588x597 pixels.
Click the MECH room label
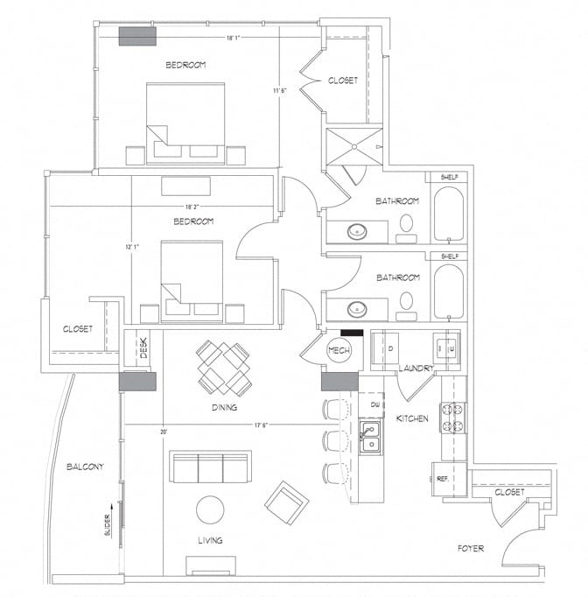click(339, 350)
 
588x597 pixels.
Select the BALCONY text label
click(85, 467)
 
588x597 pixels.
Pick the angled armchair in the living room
click(287, 502)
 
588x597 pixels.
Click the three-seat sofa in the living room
click(211, 468)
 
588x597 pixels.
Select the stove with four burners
click(454, 417)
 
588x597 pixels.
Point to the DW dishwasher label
click(374, 404)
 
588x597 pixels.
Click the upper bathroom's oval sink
click(358, 232)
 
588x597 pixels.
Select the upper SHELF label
click(450, 177)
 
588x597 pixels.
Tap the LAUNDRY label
click(416, 369)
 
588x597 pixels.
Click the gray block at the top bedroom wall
click(137, 36)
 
